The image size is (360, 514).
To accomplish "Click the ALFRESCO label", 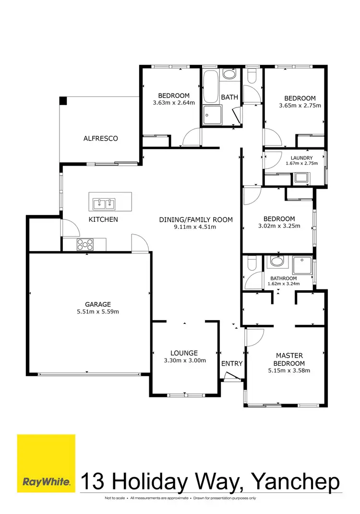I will tap(100, 138).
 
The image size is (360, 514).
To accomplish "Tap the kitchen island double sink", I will tap(104, 204).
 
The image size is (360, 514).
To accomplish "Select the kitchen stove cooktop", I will tap(85, 244).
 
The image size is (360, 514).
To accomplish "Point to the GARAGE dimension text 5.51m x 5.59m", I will tap(98, 311).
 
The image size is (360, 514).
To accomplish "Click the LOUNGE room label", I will tap(185, 353).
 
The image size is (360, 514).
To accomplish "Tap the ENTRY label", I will tap(232, 363).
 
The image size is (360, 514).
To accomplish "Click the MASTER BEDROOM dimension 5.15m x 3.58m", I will tap(289, 370).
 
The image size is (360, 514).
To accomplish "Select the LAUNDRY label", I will tap(301, 158).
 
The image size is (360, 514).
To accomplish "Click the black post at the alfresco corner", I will tap(63, 100).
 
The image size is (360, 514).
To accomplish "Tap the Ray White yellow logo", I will tap(46, 463).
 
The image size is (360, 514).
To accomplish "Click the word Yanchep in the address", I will tap(296, 481).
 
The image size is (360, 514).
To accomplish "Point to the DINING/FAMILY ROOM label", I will tap(196, 220).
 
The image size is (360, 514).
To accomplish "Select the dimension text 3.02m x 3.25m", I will tap(279, 226).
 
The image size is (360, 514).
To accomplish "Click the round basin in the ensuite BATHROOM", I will tap(276, 262).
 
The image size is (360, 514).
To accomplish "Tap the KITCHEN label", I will tap(103, 219).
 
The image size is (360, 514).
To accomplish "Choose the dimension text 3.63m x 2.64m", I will tap(173, 103).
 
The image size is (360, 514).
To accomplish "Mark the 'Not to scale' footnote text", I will tap(115, 498).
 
